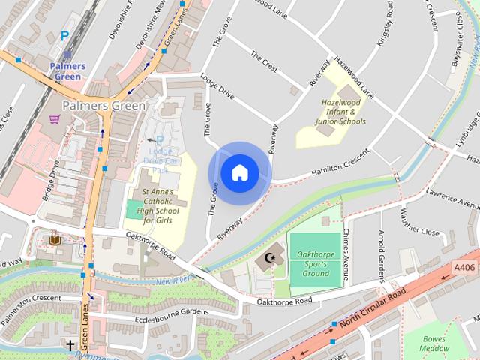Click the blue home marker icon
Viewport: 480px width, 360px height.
pyautogui.click(x=240, y=173)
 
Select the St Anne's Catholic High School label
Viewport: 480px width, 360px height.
pyautogui.click(x=157, y=206)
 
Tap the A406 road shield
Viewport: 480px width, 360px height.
pyautogui.click(x=465, y=265)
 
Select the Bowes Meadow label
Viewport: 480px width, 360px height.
pyautogui.click(x=435, y=343)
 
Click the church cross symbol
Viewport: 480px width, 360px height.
pyautogui.click(x=70, y=346)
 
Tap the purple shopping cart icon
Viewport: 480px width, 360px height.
pyautogui.click(x=54, y=118)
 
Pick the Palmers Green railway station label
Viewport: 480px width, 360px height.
pyautogui.click(x=67, y=71)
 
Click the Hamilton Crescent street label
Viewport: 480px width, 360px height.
pyautogui.click(x=340, y=164)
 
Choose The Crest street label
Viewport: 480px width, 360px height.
pyautogui.click(x=264, y=61)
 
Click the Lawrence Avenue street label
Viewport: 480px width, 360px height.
pyautogui.click(x=453, y=198)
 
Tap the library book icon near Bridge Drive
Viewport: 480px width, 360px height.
pyautogui.click(x=55, y=240)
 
